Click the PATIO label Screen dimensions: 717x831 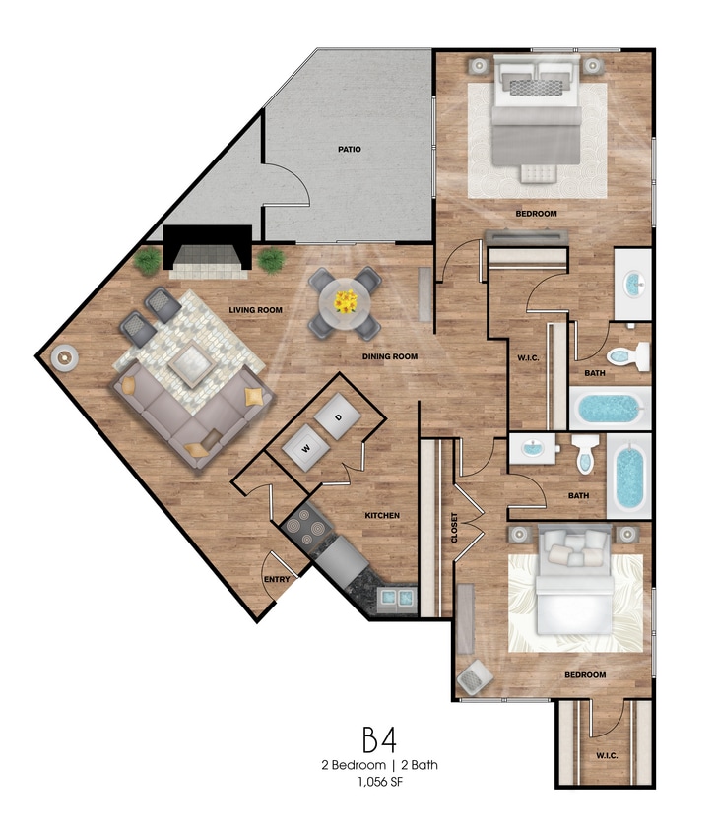click(350, 150)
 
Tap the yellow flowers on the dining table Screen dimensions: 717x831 click(346, 301)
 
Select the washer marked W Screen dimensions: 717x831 click(305, 448)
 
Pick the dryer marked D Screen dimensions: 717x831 click(338, 416)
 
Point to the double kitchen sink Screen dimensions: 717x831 click(397, 598)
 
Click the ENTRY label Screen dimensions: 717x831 click(277, 579)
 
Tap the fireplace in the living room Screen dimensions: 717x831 click(208, 252)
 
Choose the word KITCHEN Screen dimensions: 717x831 click(382, 515)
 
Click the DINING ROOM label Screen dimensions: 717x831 click(390, 356)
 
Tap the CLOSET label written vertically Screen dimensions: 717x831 click(454, 528)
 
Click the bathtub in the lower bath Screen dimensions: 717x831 click(629, 476)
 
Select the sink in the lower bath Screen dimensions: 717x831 click(533, 448)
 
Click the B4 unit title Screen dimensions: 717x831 click(379, 739)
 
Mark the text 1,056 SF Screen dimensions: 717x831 click(380, 782)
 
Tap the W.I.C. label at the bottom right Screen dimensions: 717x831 click(607, 756)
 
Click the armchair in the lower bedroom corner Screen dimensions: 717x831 click(475, 677)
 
